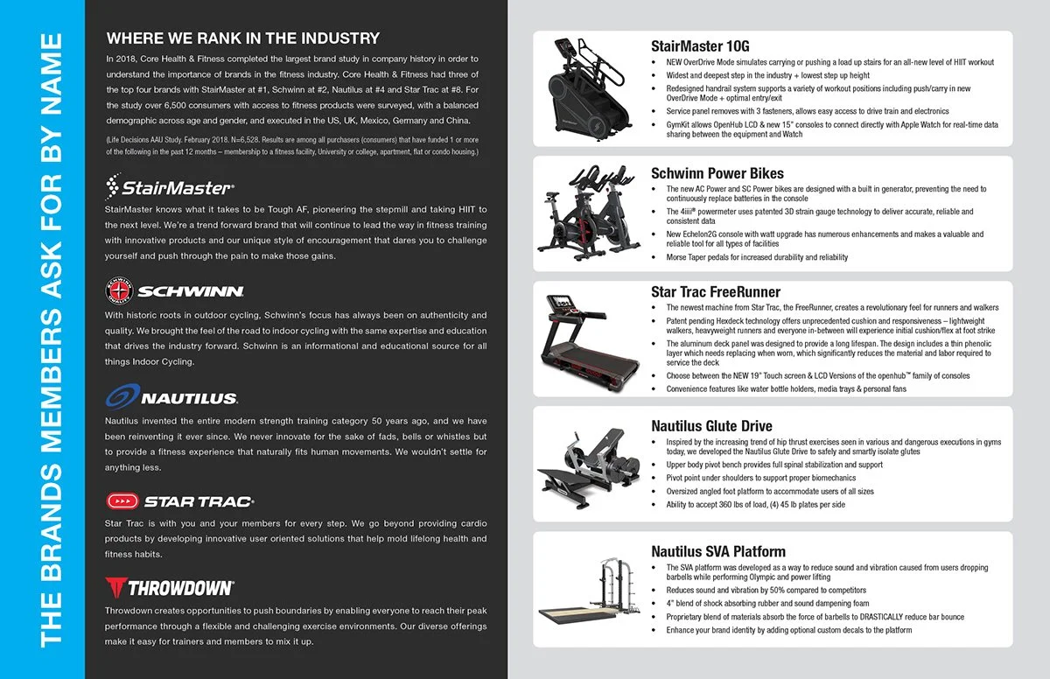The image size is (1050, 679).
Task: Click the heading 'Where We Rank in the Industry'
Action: point(242,38)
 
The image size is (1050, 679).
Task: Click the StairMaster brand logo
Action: point(170,187)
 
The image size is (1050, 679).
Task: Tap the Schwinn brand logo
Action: point(174,290)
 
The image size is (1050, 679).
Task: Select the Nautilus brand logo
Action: point(171,398)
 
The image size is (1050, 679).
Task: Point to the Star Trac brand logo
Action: point(179,501)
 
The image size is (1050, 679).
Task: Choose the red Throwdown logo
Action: point(169,586)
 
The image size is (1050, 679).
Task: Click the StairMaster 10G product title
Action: point(700,46)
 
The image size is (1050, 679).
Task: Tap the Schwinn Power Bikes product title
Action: point(717,173)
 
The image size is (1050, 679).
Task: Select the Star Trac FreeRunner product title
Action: point(716,291)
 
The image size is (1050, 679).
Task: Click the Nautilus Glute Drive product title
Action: point(711,426)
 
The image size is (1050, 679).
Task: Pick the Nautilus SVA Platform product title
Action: point(718,551)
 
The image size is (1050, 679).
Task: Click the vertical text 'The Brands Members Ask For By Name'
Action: point(52,339)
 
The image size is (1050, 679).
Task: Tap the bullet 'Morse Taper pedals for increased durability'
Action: point(756,257)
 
